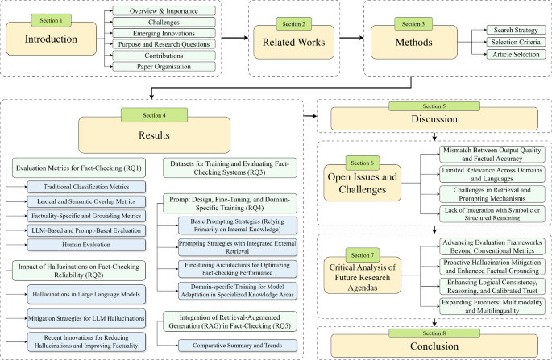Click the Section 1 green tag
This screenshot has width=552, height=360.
tap(51, 20)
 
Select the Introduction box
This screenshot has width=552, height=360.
tap(51, 39)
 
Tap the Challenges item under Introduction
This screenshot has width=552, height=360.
tap(164, 23)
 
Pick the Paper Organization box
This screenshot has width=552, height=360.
tap(164, 67)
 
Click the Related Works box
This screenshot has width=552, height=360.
tap(293, 42)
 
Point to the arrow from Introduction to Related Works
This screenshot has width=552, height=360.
tap(234, 38)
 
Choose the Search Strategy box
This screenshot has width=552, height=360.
tap(516, 30)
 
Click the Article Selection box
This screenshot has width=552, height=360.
tap(516, 54)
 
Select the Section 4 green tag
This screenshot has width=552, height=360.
tap(154, 115)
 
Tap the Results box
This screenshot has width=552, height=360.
tap(154, 135)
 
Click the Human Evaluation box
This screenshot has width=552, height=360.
tap(86, 245)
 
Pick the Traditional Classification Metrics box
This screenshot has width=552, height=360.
tap(86, 187)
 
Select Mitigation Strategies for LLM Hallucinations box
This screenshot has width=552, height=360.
tap(86, 318)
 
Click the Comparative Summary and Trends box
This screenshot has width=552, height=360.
tap(237, 346)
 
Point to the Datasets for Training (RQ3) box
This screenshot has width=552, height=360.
tap(230, 168)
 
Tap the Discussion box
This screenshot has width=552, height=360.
tap(434, 119)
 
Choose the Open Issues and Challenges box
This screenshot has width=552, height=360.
tap(363, 184)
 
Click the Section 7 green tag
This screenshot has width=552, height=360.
tap(363, 255)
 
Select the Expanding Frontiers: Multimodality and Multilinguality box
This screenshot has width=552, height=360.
tap(492, 306)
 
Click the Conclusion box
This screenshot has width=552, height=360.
tap(434, 346)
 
